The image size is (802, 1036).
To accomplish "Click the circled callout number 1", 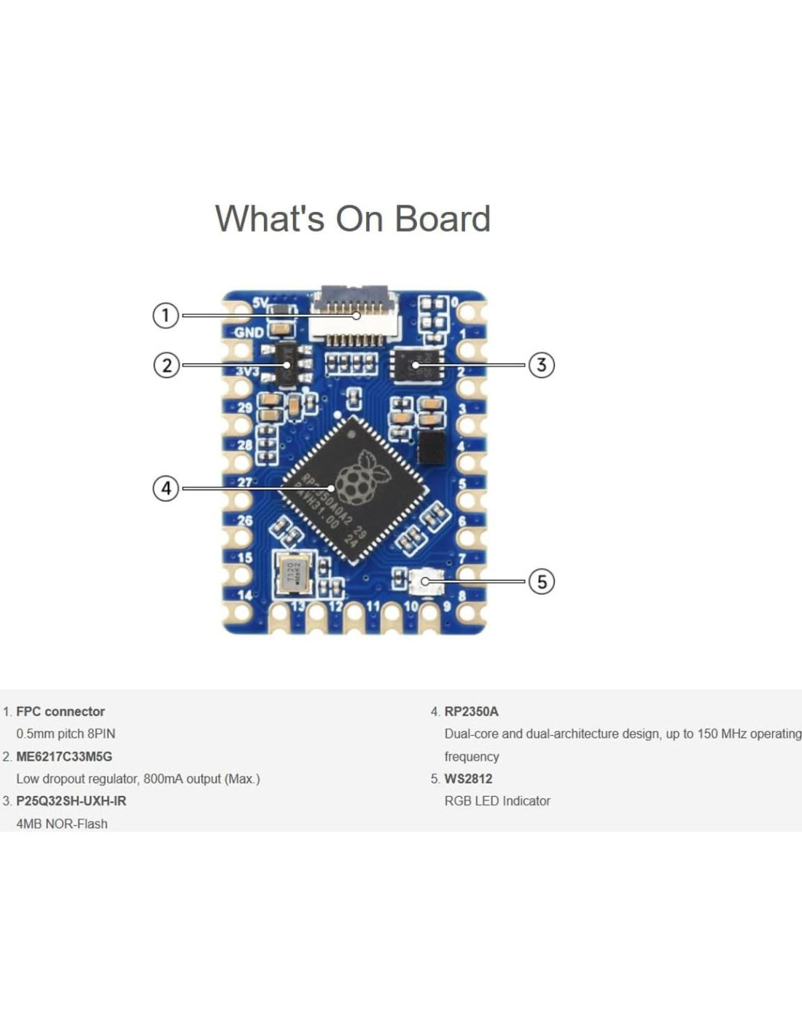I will (x=166, y=315).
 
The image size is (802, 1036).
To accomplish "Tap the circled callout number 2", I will (x=166, y=364).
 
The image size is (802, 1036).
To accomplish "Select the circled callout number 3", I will (x=541, y=364).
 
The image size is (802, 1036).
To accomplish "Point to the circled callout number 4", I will (x=166, y=487).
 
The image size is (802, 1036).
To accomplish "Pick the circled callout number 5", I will (x=541, y=581).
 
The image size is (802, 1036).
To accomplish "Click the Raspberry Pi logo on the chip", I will (x=370, y=478).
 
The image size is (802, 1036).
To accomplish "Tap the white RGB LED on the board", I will (x=427, y=581).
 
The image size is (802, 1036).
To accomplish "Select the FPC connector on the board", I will (x=354, y=315).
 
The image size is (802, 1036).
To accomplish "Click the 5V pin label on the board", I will (x=260, y=302).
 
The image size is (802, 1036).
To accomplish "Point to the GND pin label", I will (x=249, y=332).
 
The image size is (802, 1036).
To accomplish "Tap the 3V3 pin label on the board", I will (x=247, y=371).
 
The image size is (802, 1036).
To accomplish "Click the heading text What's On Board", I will (x=353, y=219).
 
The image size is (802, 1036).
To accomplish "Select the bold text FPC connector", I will (x=61, y=711).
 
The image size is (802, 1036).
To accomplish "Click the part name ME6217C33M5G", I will (x=64, y=756).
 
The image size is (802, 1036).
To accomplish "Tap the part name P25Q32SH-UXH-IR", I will (x=71, y=801).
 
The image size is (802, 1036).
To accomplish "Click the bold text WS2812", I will (x=468, y=778).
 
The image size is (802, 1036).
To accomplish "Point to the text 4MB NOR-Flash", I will (x=62, y=823).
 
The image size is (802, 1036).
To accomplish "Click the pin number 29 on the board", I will (x=245, y=407).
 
